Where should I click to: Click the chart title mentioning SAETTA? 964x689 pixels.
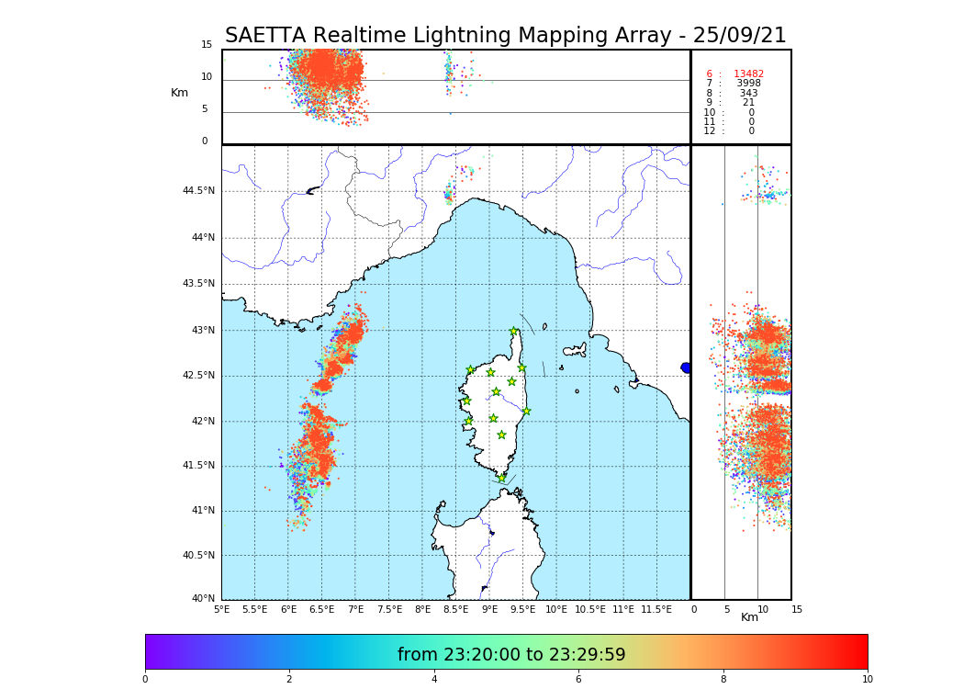505,36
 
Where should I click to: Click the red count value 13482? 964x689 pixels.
748,74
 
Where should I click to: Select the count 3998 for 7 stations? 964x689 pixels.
748,84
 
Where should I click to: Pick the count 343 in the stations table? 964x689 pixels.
748,94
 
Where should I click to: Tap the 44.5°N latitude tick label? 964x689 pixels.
197,191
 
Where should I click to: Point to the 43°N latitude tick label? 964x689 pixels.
199,331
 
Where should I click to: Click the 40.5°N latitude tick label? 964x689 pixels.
197,556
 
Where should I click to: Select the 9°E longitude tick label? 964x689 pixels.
489,609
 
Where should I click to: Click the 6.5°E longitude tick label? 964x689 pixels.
321,609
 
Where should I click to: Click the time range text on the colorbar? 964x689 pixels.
510,655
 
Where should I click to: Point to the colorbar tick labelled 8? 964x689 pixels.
723,680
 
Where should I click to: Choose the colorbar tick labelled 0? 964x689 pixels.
145,680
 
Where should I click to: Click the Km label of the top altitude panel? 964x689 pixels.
179,93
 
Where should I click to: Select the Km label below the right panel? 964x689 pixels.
749,617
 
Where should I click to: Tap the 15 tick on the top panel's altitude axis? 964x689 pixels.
207,45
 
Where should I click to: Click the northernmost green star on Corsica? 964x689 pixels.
514,332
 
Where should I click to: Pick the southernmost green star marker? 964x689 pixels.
501,478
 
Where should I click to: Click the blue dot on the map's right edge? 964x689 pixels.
686,367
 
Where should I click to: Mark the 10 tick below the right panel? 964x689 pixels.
762,609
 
